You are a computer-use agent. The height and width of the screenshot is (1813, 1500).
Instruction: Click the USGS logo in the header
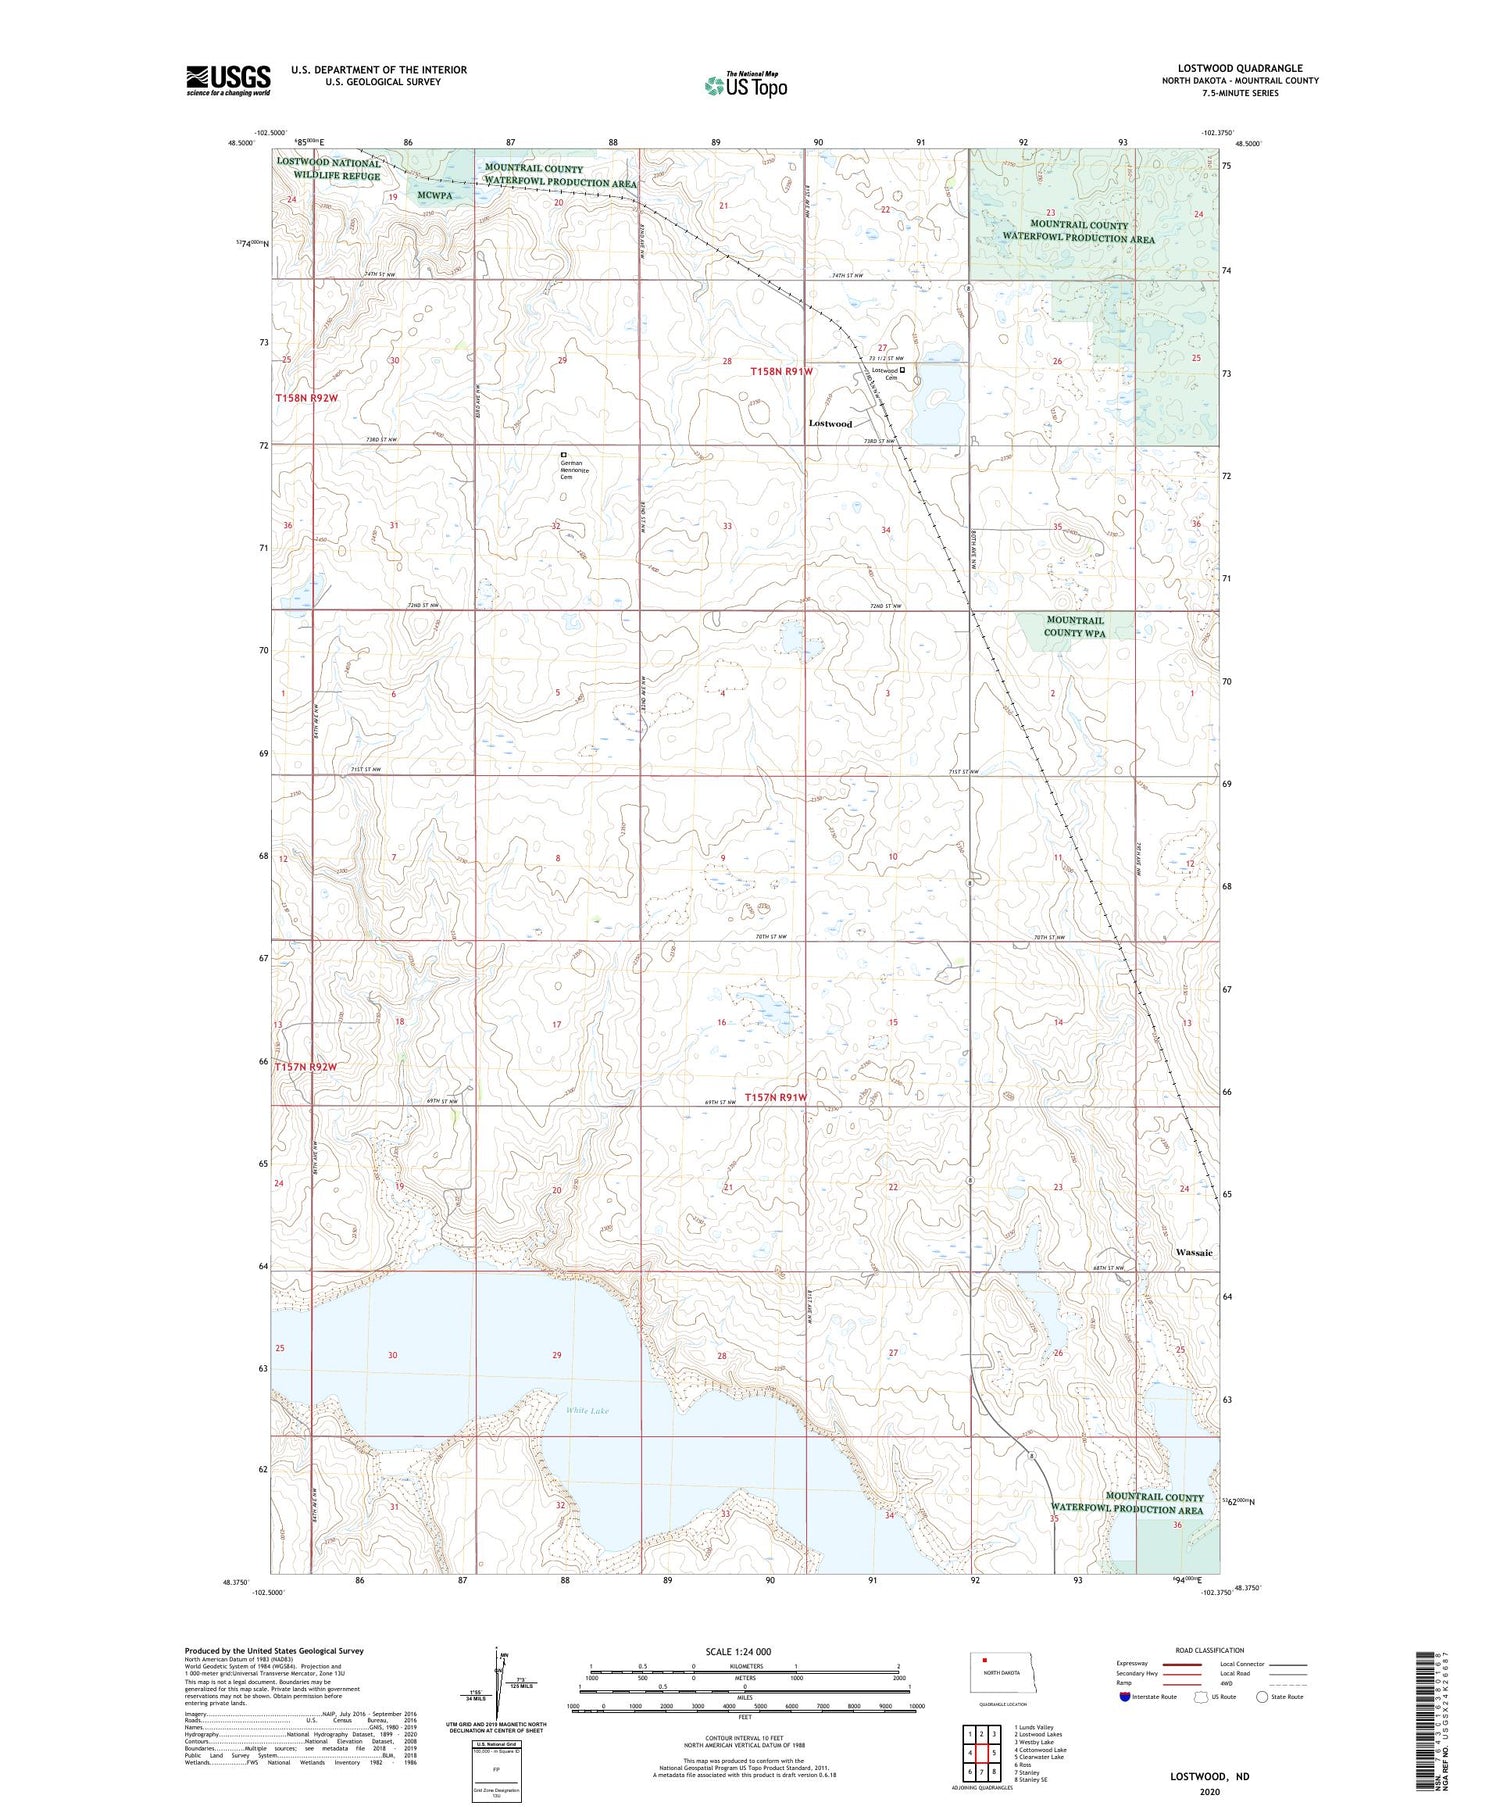[x=228, y=80]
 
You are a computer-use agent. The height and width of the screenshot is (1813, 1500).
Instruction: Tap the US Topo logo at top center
[x=745, y=86]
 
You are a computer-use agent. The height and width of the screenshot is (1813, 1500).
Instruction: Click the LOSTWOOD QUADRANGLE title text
[x=1239, y=68]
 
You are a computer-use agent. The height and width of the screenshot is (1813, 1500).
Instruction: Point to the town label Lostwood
[x=830, y=424]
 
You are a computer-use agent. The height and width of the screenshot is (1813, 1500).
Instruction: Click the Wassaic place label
[x=1194, y=1252]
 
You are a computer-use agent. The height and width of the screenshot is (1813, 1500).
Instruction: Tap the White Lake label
[x=587, y=1411]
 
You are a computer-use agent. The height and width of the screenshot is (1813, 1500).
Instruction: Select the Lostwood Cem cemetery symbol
[x=902, y=370]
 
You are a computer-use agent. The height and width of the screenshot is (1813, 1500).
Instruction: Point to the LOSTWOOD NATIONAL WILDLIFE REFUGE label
[x=328, y=170]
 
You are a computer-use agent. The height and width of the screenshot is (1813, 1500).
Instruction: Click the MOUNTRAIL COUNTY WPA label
[x=1075, y=626]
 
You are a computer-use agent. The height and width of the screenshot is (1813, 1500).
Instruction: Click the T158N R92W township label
[x=307, y=398]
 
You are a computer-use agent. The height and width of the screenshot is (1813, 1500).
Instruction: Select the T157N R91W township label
[x=775, y=1097]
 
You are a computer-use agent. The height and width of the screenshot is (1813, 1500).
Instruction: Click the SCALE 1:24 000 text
[x=739, y=1651]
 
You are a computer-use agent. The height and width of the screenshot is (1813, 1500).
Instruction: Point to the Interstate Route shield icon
[x=1125, y=1697]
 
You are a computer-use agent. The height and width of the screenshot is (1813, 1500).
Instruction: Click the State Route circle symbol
[x=1262, y=1697]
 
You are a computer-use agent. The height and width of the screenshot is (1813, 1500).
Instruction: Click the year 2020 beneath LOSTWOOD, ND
[x=1210, y=1792]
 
